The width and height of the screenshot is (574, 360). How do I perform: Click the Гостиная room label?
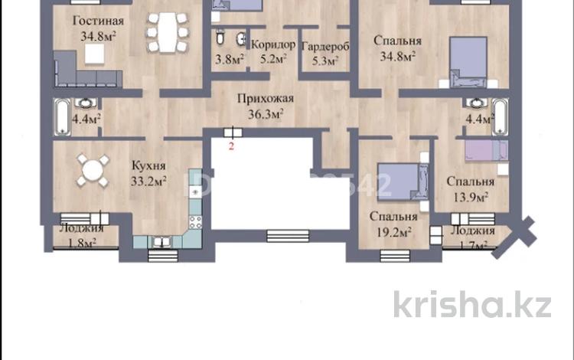click(x=94, y=21)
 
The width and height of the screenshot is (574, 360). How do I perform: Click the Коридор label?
click(x=272, y=44)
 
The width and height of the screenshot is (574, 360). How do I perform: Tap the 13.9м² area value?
click(x=468, y=197)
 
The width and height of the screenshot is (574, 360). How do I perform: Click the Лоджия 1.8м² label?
click(x=79, y=237)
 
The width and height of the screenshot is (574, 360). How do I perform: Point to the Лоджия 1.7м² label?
click(x=471, y=237)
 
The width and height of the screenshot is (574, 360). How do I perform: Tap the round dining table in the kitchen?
click(x=92, y=169)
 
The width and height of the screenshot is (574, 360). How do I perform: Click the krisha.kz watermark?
click(x=472, y=304)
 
